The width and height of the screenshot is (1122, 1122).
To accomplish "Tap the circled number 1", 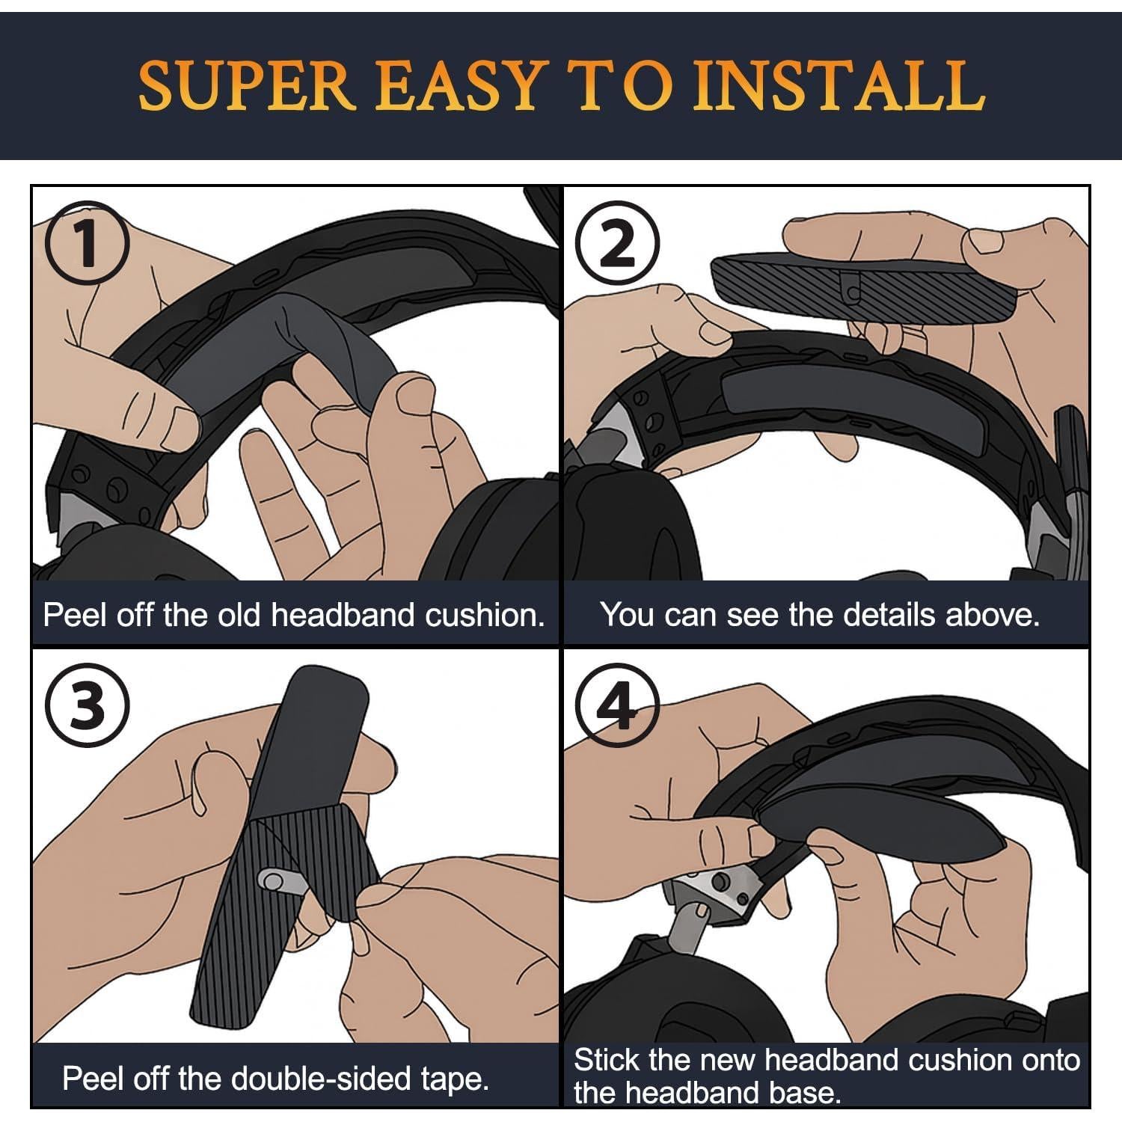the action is pos(87,243).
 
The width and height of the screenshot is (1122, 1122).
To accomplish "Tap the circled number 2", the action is pos(618,244).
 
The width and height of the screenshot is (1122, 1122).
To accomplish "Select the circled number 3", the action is pos(87,705).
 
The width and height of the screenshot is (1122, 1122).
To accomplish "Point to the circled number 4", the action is pos(618,705).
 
